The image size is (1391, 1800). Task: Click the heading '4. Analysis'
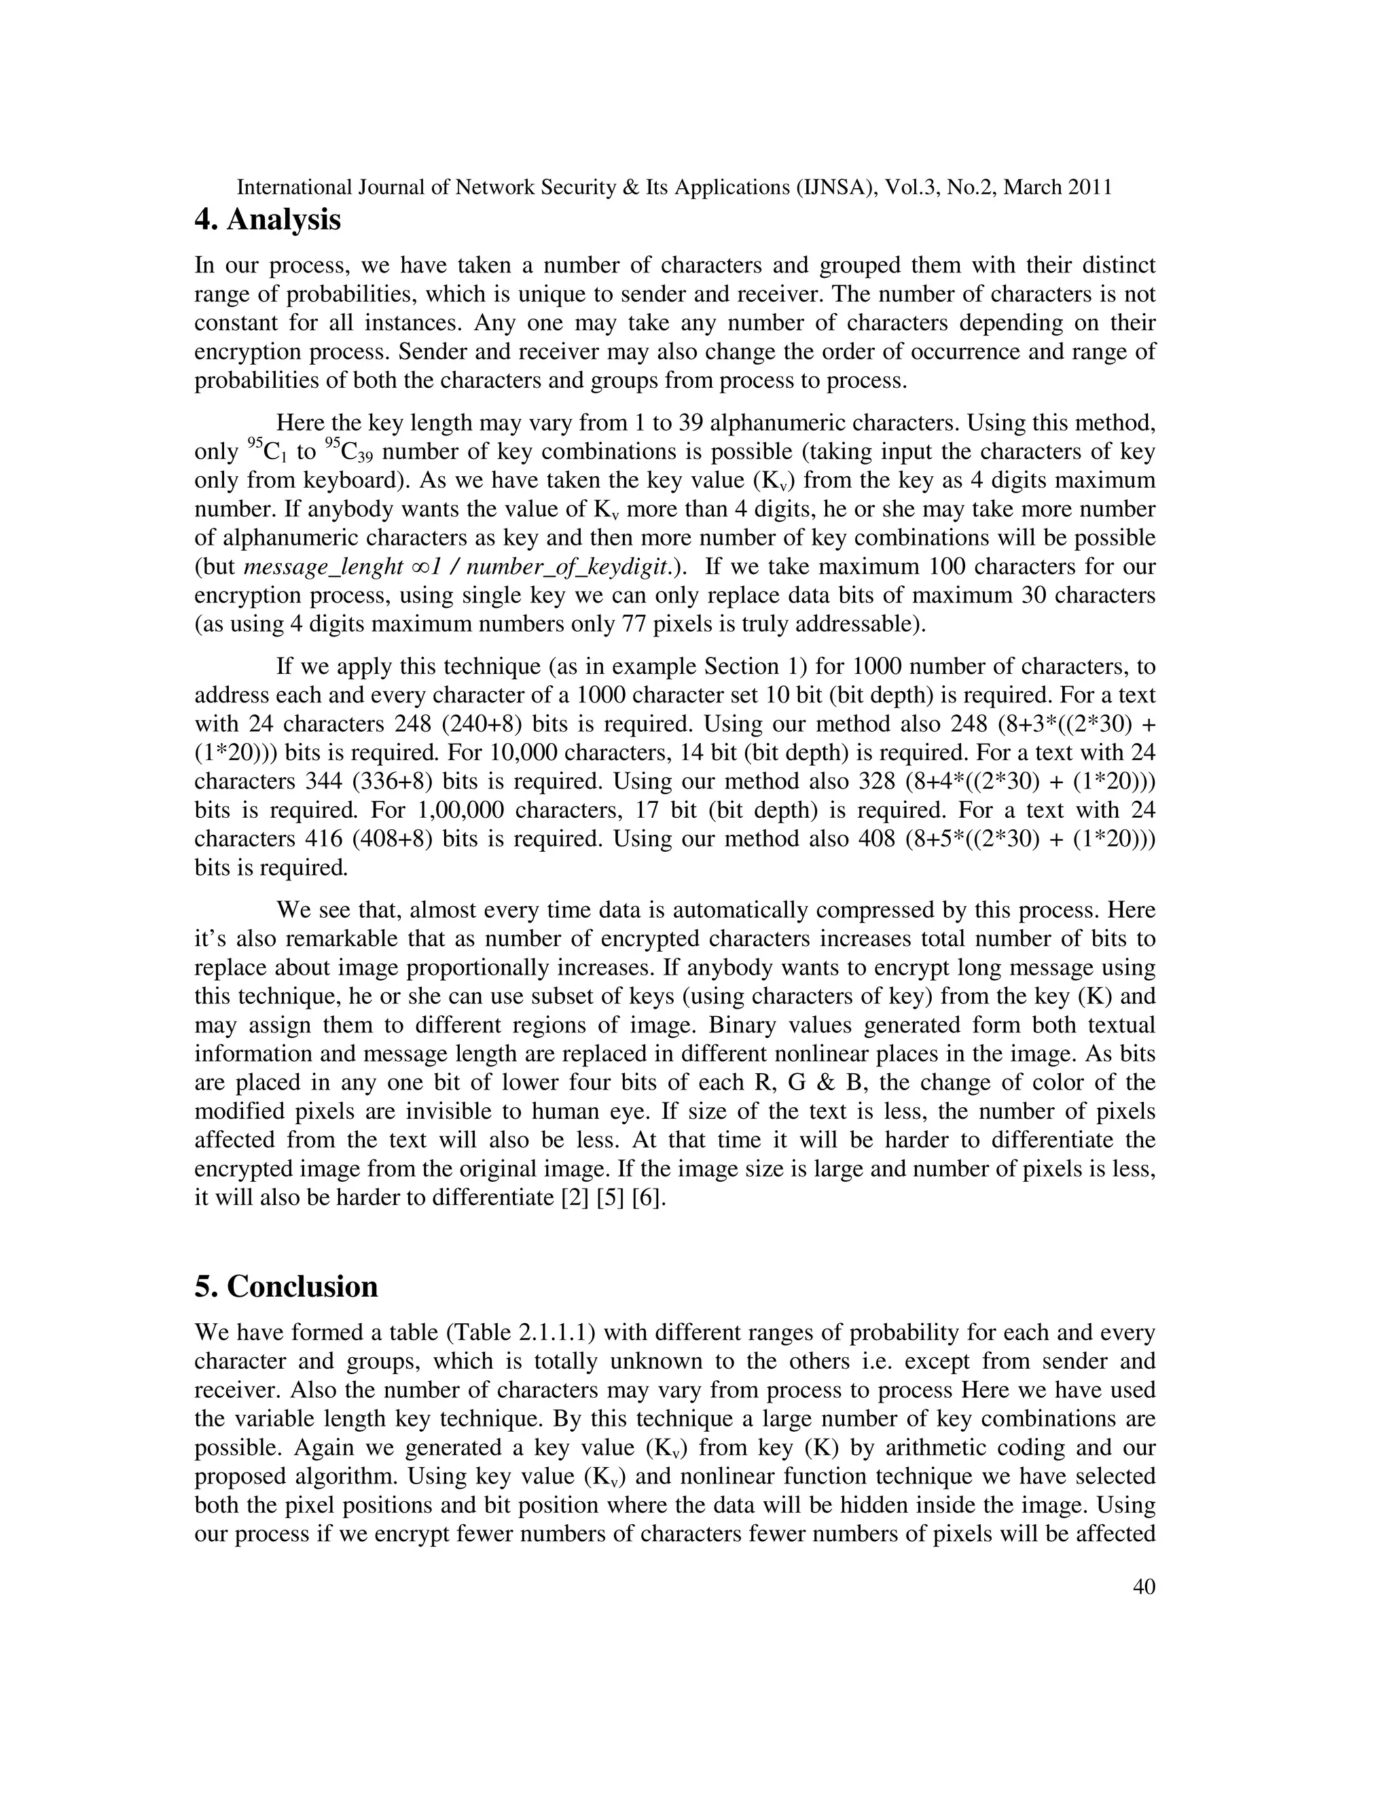[267, 220]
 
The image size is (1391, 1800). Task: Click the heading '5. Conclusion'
[286, 1286]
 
